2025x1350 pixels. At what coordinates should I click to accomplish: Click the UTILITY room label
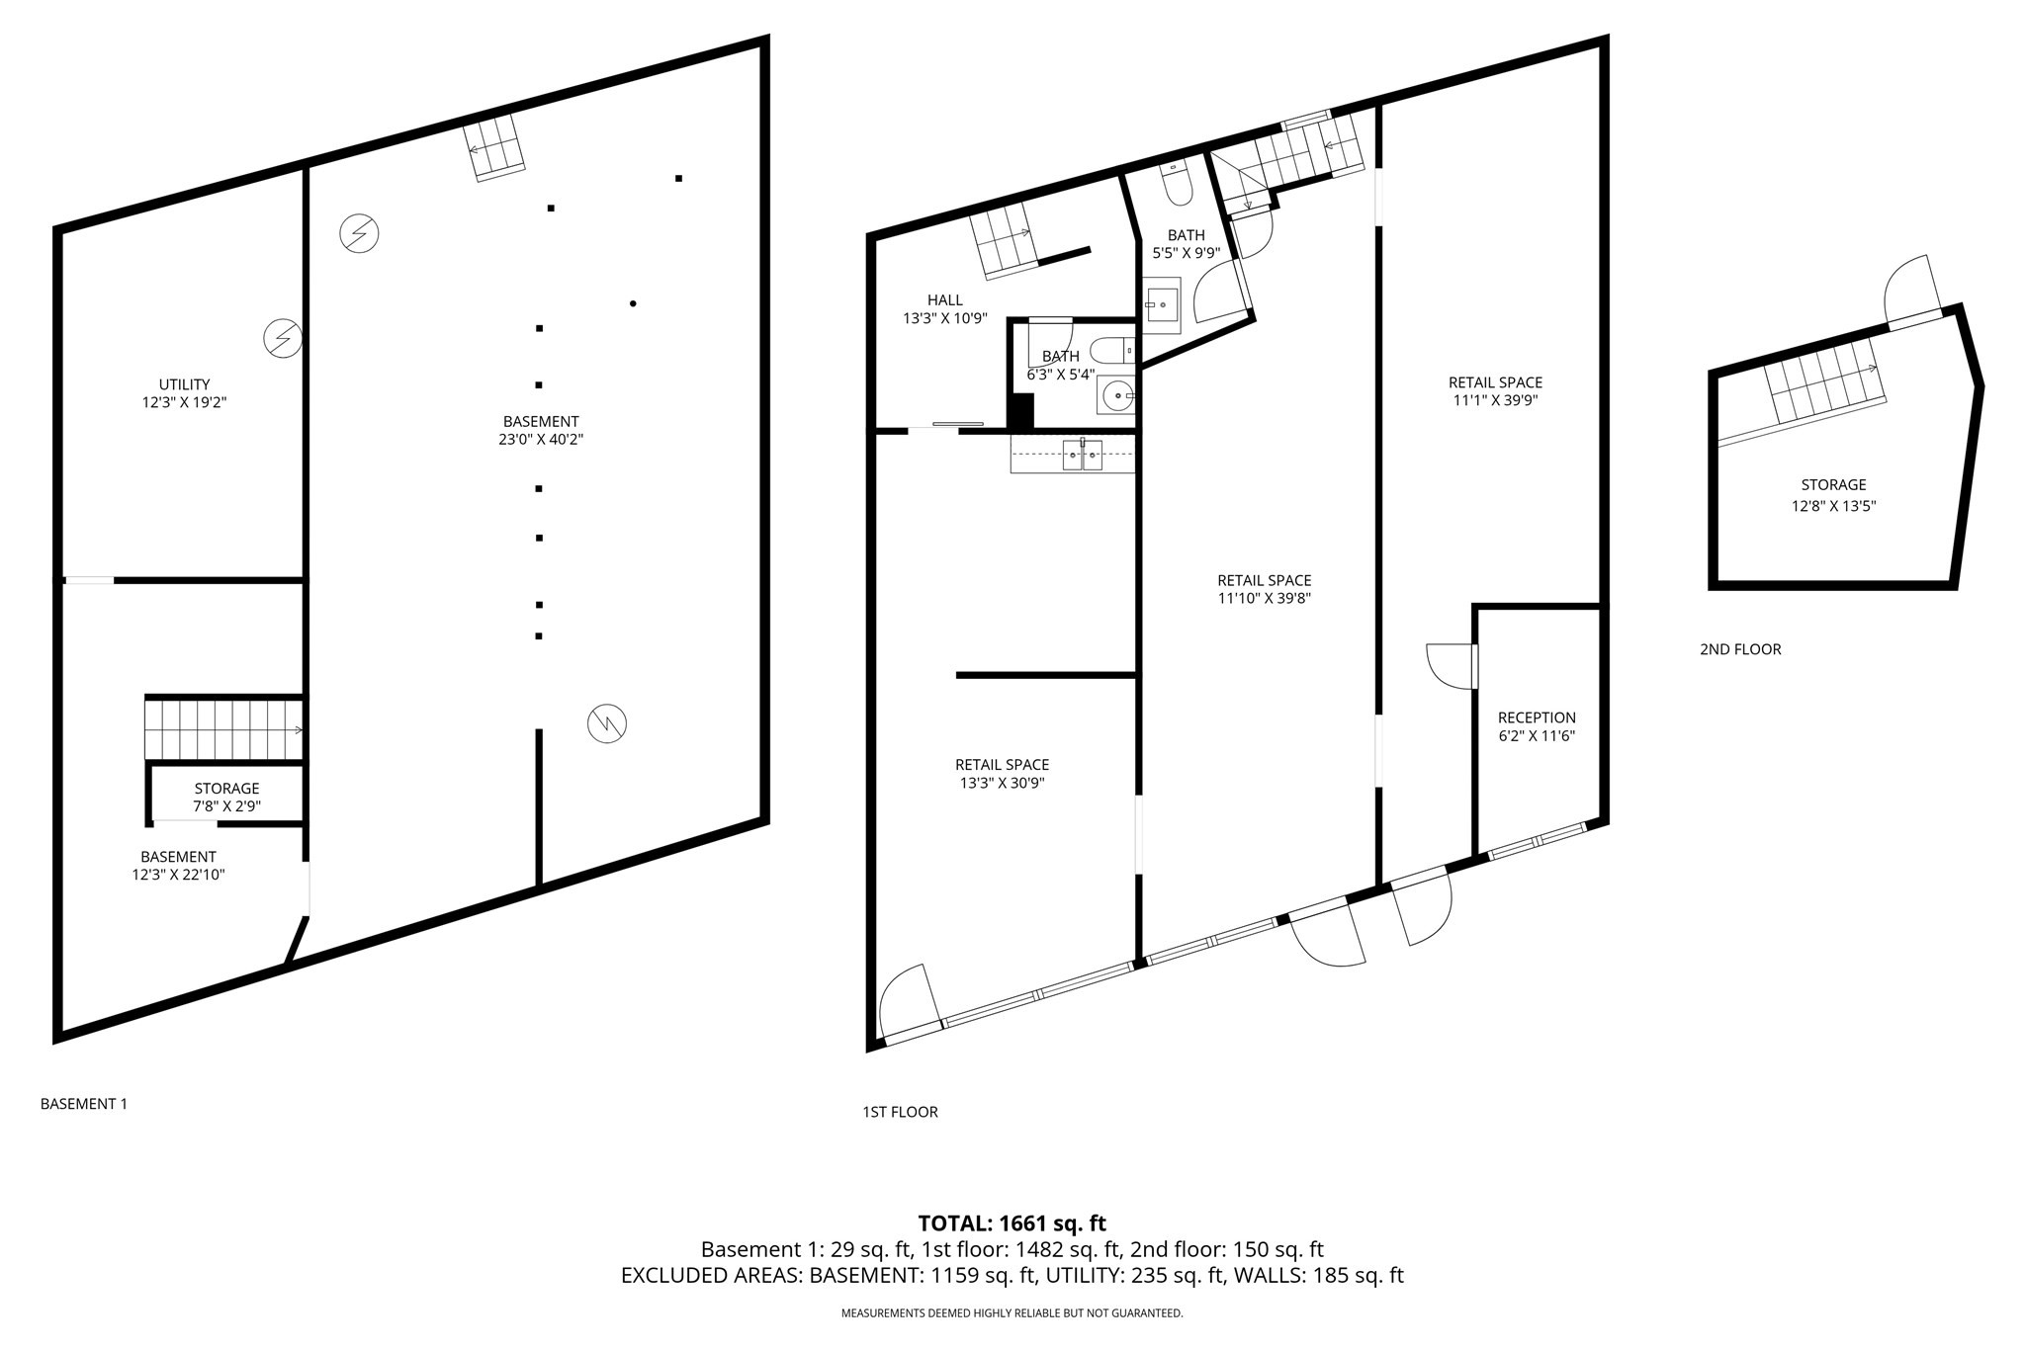(184, 384)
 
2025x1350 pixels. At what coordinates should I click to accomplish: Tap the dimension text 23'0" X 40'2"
(540, 440)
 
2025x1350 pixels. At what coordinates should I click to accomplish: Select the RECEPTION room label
(1536, 717)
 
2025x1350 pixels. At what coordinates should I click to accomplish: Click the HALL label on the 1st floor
(944, 300)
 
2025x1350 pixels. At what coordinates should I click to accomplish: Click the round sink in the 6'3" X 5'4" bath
(1118, 396)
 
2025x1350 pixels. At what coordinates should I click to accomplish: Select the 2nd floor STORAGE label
(1832, 485)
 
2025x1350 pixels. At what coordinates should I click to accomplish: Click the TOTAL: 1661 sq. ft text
(1012, 1223)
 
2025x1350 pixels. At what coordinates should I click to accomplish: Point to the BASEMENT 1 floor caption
(84, 1104)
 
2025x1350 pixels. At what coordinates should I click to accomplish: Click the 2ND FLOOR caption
(1739, 649)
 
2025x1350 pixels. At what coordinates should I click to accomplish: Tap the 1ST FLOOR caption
(900, 1112)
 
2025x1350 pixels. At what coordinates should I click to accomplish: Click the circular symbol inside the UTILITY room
(282, 338)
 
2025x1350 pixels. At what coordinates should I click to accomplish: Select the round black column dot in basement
(633, 303)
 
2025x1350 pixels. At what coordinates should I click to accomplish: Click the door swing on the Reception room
(1449, 666)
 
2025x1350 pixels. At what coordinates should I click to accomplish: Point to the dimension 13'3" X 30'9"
(1002, 783)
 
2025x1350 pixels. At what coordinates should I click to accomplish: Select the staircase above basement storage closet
(223, 728)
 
